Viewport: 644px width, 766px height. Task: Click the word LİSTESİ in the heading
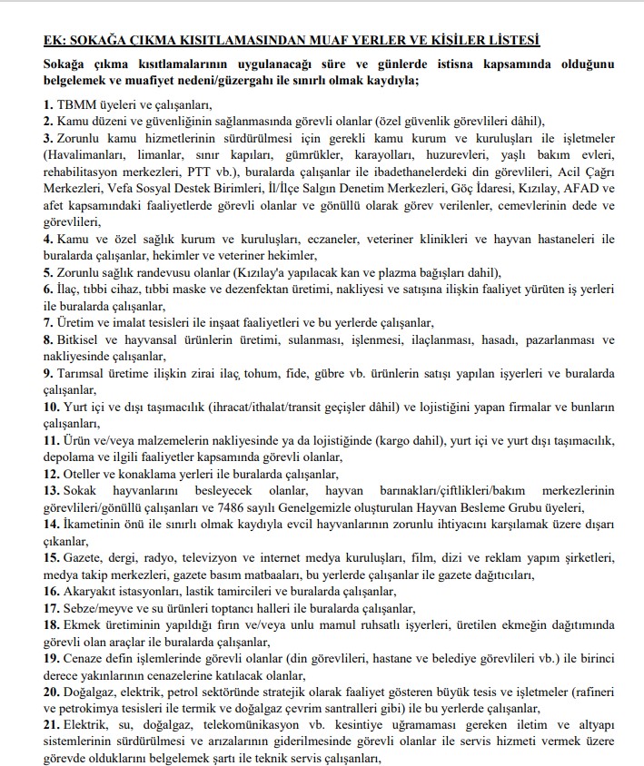tap(512, 39)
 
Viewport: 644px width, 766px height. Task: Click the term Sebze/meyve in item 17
tap(98, 608)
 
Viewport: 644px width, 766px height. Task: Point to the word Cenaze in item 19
tap(82, 658)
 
